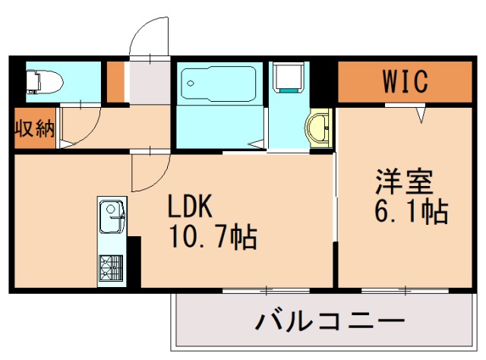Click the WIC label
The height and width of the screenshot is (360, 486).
[405, 81]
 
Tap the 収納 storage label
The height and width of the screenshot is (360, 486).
[35, 128]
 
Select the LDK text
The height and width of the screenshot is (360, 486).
[190, 205]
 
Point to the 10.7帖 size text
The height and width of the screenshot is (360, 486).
[213, 236]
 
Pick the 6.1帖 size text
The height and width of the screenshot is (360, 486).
[412, 211]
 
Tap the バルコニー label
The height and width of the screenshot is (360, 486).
[330, 321]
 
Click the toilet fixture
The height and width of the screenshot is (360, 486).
[45, 82]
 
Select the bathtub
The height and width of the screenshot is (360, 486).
[219, 84]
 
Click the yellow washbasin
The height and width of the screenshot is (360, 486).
[319, 128]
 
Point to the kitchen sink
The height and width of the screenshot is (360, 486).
[112, 216]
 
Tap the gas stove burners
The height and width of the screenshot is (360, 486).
[111, 267]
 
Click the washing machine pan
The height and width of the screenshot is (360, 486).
[289, 77]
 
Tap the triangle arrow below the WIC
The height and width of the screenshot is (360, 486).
[421, 114]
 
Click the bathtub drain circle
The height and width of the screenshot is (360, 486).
[191, 83]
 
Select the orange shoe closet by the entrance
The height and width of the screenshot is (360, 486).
[115, 82]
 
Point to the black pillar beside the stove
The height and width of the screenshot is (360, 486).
[134, 261]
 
